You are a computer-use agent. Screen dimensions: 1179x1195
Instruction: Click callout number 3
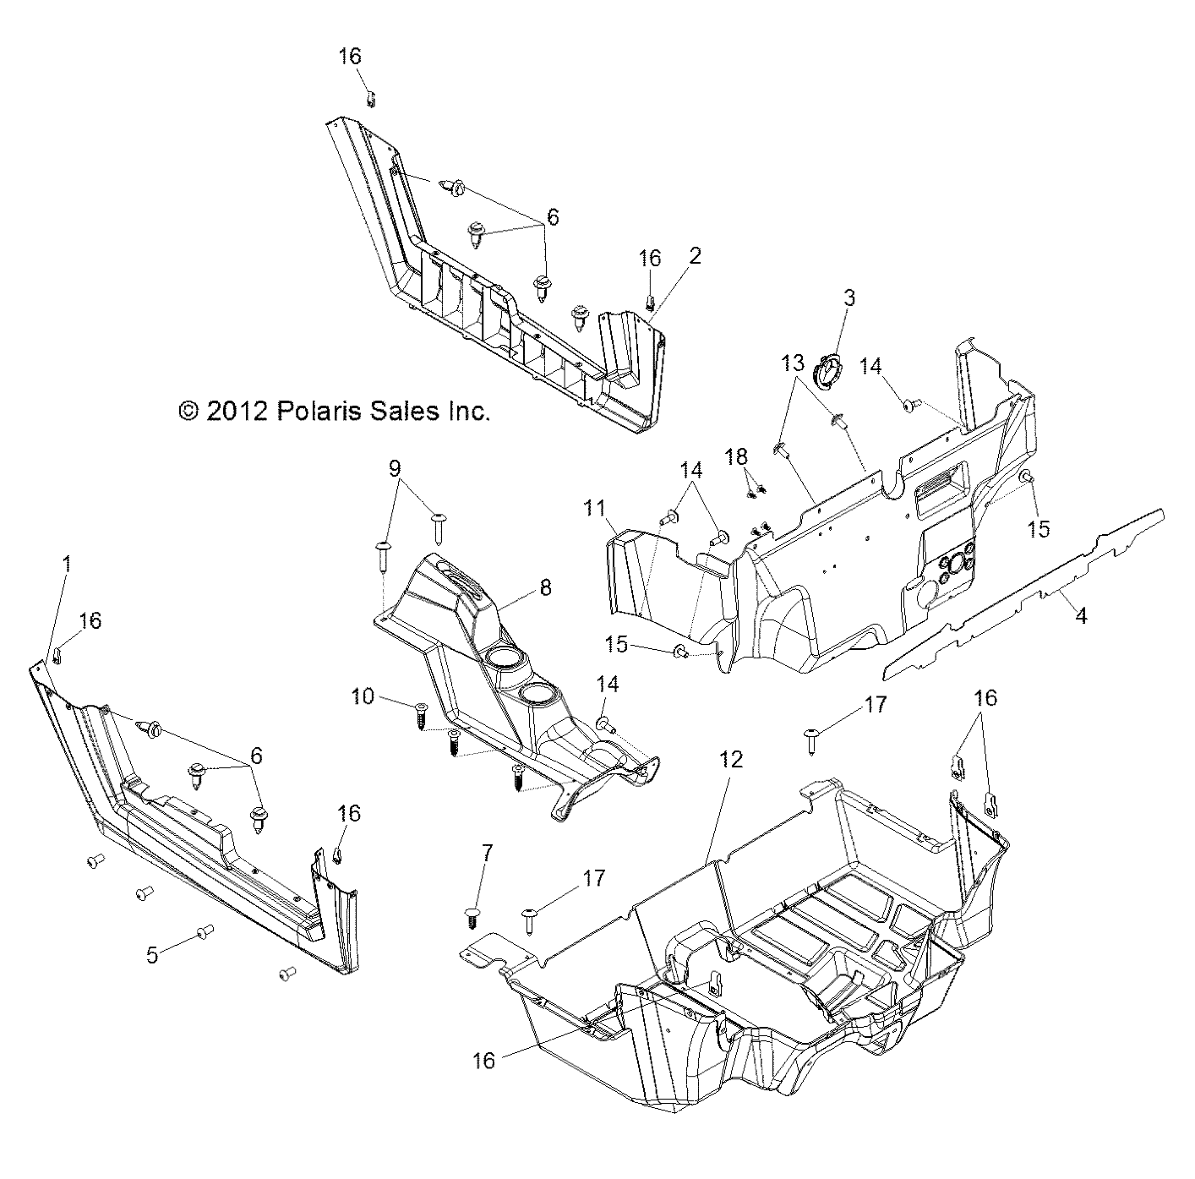point(849,297)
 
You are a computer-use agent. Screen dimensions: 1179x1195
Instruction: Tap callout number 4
point(1080,616)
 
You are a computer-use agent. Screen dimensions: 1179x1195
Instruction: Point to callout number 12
point(731,759)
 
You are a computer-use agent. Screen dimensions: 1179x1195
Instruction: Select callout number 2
point(695,255)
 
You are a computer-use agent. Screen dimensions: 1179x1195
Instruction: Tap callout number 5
point(152,955)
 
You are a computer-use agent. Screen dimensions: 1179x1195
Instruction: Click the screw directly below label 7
point(472,915)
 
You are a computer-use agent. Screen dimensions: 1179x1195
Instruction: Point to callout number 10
point(363,696)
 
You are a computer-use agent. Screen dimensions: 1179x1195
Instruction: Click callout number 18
point(736,456)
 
